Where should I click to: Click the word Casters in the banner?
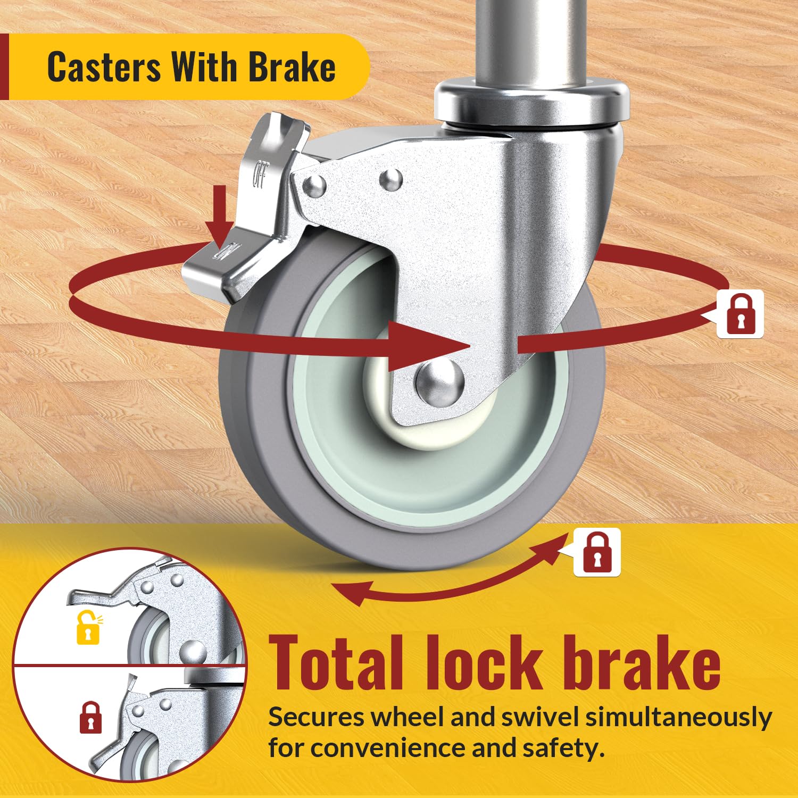point(103,67)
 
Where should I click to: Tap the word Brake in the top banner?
point(292,67)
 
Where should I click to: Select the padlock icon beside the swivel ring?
point(741,313)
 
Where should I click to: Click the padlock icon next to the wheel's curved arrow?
point(597,552)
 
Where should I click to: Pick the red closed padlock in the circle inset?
point(90,717)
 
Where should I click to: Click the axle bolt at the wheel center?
point(439,381)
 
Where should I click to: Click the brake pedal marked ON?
point(223,261)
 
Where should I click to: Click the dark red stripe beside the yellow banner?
point(4,66)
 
